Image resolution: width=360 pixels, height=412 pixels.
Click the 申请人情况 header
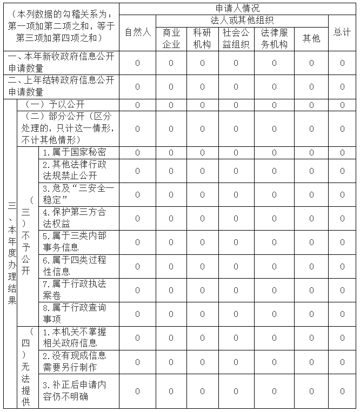click(x=238, y=8)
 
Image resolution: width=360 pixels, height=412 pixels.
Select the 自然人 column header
click(x=137, y=32)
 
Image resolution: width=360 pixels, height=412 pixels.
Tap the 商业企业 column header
click(x=171, y=38)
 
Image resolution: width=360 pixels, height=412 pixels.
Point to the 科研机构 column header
click(x=202, y=38)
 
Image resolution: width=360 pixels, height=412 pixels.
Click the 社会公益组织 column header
click(x=236, y=38)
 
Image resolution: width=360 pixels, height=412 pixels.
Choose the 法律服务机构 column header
click(x=274, y=38)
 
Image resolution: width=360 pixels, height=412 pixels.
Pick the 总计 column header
click(x=342, y=32)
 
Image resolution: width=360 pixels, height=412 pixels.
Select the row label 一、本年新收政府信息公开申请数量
click(x=61, y=63)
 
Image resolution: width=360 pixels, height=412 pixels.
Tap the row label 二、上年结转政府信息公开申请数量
click(x=61, y=86)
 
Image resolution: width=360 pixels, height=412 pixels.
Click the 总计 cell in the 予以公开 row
click(x=342, y=105)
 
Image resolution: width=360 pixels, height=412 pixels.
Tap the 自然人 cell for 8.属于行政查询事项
click(x=137, y=314)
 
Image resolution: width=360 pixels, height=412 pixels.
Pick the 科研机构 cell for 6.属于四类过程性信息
click(x=202, y=266)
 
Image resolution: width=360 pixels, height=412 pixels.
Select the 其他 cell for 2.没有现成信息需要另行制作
click(x=311, y=361)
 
